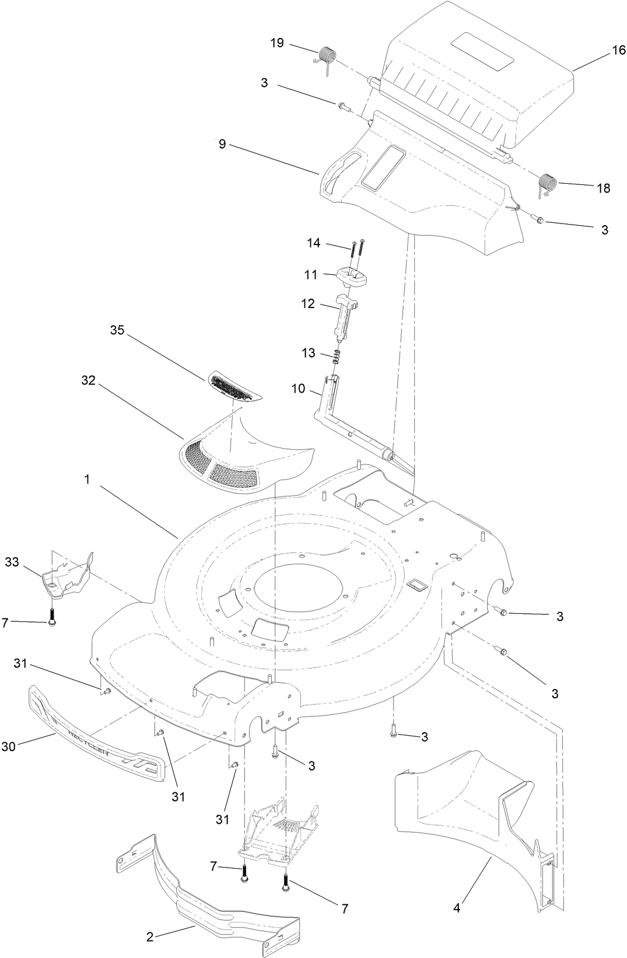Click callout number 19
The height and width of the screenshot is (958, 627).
tap(277, 43)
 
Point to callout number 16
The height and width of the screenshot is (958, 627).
tap(618, 51)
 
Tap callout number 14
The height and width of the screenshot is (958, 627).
tap(314, 243)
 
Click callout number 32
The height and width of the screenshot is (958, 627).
tap(88, 380)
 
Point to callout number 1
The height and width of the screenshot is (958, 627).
tap(87, 480)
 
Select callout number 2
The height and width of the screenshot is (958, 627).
tap(150, 937)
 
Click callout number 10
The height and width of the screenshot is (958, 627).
tap(298, 388)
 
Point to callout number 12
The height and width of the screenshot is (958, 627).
tap(308, 304)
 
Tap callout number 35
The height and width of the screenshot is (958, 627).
tap(117, 330)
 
